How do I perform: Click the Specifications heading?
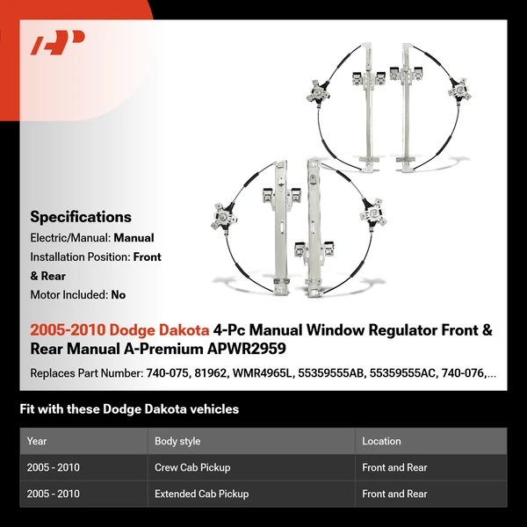pos(81,217)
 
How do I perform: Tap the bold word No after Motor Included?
pos(119,295)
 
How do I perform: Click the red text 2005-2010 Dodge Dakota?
pos(119,331)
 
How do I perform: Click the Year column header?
pos(37,441)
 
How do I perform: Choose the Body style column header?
pos(177,441)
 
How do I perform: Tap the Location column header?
pos(381,441)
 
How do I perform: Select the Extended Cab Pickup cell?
pos(201,494)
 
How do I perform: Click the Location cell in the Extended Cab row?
pos(394,494)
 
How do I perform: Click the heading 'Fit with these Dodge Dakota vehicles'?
pos(129,409)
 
